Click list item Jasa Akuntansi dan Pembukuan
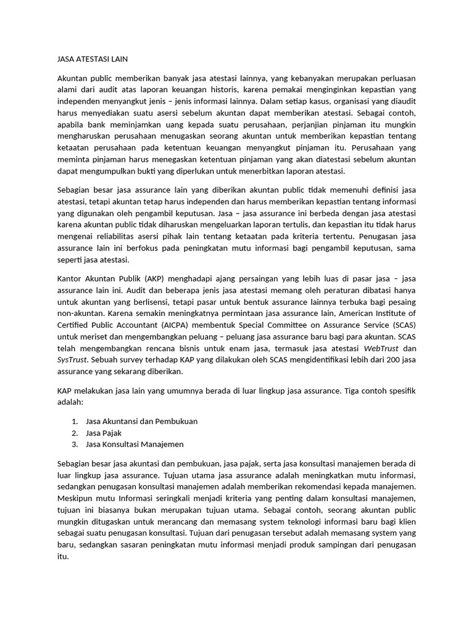point(141,421)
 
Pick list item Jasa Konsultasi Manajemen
point(135,444)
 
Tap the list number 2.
point(74,433)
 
